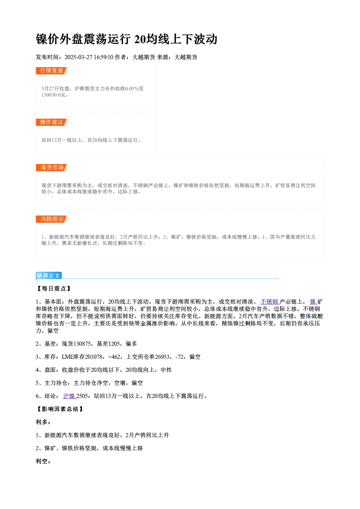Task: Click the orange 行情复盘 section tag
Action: tap(52, 71)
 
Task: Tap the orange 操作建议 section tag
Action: tap(52, 122)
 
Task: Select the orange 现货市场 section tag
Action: tap(52, 168)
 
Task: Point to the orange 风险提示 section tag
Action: tap(52, 219)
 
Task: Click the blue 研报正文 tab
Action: tap(49, 276)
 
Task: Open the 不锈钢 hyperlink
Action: tap(270, 302)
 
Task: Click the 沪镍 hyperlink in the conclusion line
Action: tap(69, 396)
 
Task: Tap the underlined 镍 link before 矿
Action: tap(314, 302)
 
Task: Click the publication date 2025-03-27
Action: tap(78, 57)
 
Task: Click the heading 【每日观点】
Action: tap(54, 288)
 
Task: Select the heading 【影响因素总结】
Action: tap(60, 409)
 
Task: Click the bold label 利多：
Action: tap(43, 422)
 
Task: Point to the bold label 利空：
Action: tap(43, 461)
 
